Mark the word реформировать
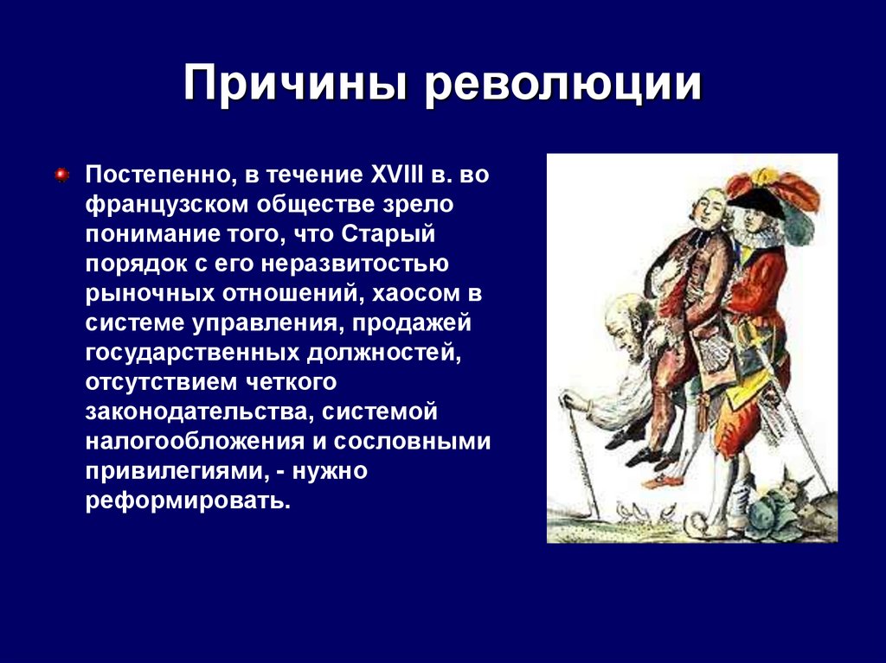[x=183, y=501]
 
